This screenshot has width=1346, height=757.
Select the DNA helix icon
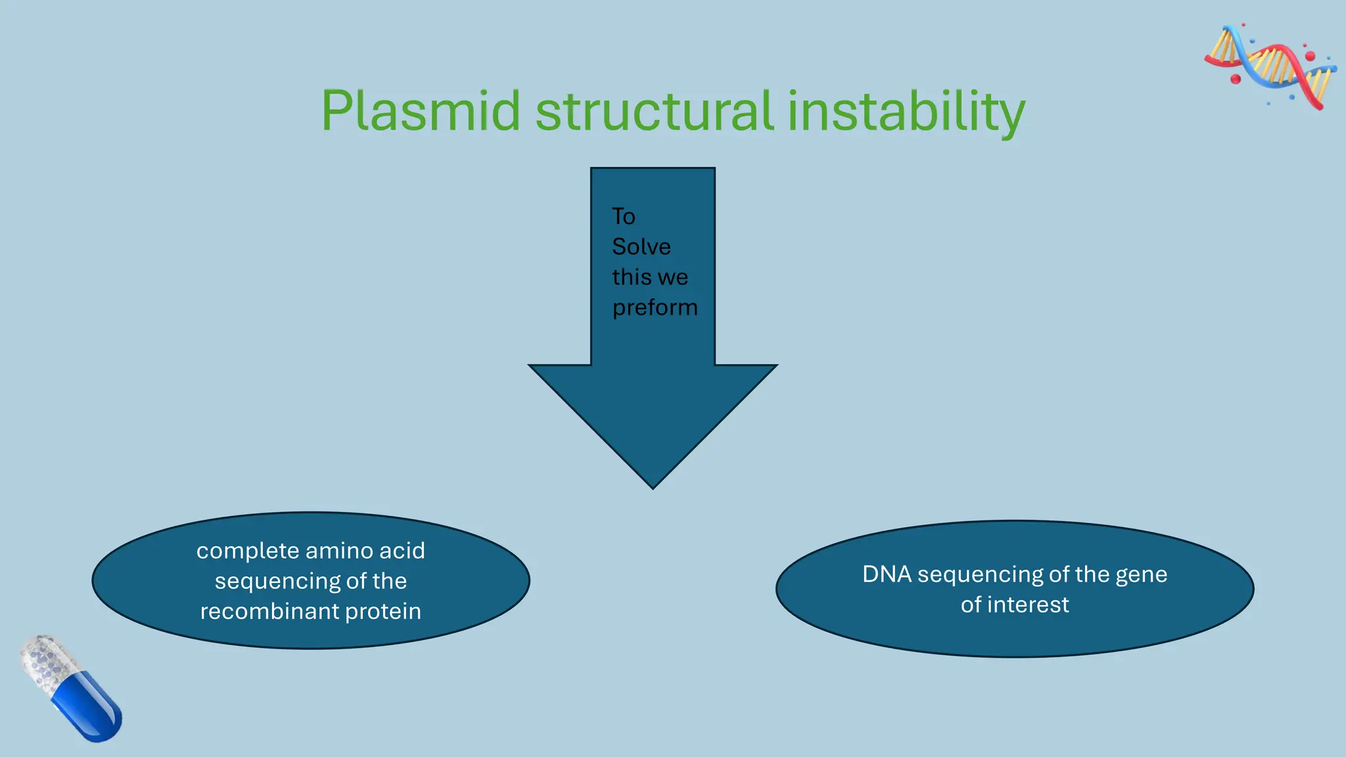1270,66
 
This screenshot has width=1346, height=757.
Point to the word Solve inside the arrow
641,247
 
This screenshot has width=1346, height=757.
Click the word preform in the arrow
655,308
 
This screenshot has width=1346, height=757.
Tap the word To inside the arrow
623,217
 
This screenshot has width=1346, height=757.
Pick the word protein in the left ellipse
383,612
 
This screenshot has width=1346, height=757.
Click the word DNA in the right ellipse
887,574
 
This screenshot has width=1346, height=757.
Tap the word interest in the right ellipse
1028,605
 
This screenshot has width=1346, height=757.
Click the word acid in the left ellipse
400,551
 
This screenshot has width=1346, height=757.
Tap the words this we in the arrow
649,277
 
